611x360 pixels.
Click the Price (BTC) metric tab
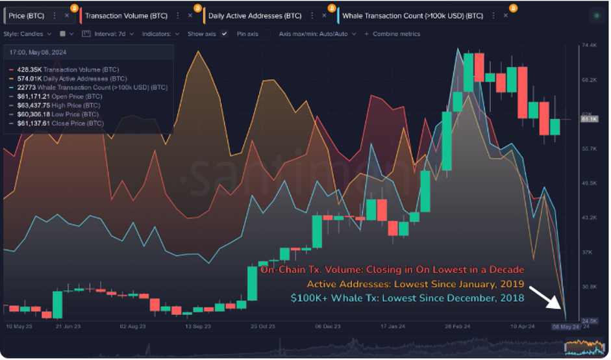point(27,15)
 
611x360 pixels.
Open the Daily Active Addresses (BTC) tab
point(255,15)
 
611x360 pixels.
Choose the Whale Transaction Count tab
point(412,15)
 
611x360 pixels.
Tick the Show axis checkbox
point(225,33)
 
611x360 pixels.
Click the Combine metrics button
point(393,33)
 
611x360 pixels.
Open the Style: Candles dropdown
point(26,33)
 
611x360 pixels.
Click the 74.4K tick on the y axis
point(588,45)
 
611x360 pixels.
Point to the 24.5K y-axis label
point(588,321)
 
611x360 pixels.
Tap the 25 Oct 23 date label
point(262,326)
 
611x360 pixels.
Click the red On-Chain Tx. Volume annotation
point(392,269)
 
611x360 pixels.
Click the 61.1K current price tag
point(589,120)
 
